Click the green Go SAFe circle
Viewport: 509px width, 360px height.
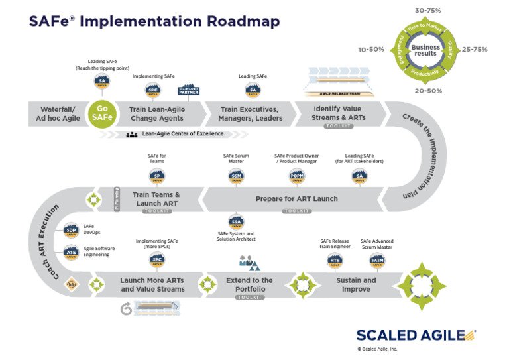point(102,113)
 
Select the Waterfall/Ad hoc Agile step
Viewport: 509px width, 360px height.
point(58,113)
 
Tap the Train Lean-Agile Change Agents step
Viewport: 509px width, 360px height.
point(157,113)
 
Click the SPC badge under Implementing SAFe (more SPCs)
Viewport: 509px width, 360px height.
point(156,260)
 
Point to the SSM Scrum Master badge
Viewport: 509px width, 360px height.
point(237,176)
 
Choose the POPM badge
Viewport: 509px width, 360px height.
point(297,176)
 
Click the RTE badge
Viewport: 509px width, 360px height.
point(335,261)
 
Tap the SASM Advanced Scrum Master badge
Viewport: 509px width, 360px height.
point(376,261)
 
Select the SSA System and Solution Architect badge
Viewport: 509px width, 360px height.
point(237,222)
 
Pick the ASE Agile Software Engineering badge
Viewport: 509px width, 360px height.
point(71,252)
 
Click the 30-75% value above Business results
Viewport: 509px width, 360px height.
point(428,11)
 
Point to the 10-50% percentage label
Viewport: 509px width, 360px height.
point(370,49)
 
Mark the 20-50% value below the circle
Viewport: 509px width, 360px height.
point(428,91)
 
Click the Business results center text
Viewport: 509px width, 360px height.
point(425,50)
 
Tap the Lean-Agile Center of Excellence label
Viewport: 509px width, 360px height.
point(184,133)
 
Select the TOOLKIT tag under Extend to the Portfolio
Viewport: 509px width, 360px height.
point(249,298)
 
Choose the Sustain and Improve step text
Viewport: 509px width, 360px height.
point(356,284)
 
